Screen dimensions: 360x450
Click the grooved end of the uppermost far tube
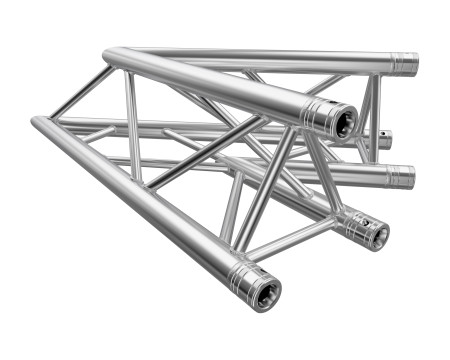[404, 63]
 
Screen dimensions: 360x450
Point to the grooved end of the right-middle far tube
[400, 177]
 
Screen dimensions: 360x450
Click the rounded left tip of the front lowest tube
[36, 123]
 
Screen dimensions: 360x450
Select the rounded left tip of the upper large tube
[108, 53]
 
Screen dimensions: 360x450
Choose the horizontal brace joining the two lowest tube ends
[290, 243]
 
